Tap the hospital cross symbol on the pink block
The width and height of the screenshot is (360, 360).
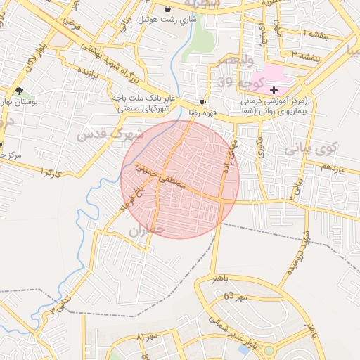point(274,91)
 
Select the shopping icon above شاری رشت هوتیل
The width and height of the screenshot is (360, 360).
point(168,9)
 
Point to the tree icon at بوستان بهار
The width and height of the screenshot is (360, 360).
point(19,91)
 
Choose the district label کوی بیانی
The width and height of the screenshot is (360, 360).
point(312,149)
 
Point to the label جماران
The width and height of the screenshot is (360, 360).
point(147,230)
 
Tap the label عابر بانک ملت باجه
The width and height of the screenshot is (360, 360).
point(143,99)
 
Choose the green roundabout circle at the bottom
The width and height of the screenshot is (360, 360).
point(269,350)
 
